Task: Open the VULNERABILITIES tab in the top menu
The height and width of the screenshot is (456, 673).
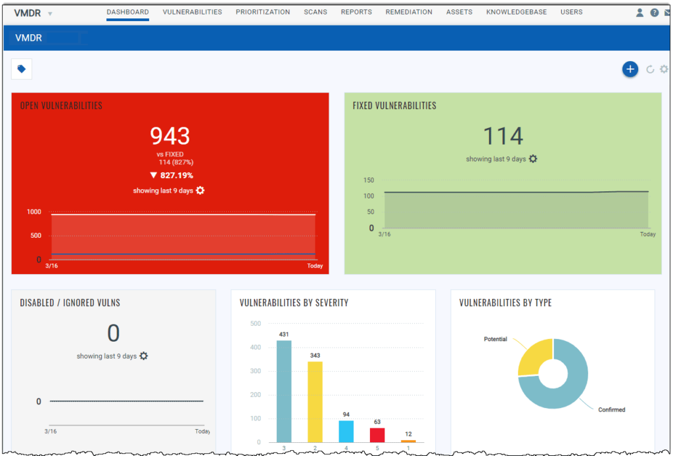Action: tap(192, 12)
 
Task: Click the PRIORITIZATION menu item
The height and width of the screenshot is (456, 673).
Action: tap(263, 12)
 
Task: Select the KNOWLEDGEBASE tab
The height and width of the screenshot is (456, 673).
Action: tap(516, 12)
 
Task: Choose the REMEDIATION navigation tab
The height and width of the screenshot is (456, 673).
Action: tap(409, 12)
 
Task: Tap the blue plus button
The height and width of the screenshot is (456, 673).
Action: tap(630, 69)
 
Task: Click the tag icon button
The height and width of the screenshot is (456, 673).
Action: tap(22, 69)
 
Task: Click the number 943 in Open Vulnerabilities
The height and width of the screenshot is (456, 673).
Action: tap(170, 136)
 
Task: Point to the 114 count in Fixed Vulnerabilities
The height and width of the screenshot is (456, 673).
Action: tap(503, 136)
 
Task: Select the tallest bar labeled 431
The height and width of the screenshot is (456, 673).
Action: tap(284, 391)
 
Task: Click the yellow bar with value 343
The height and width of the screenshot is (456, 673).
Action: tap(315, 401)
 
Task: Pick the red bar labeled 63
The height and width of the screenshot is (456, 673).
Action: tap(377, 434)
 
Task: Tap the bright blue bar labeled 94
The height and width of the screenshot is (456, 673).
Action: tap(346, 431)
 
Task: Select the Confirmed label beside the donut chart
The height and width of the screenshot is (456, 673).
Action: tap(611, 410)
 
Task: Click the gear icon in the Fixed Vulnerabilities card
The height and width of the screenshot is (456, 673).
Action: tap(533, 159)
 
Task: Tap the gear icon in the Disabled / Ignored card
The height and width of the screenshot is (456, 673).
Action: tap(143, 356)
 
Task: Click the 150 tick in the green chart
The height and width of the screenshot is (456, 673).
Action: tap(369, 181)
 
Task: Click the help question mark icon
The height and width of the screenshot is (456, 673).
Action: tap(654, 12)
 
